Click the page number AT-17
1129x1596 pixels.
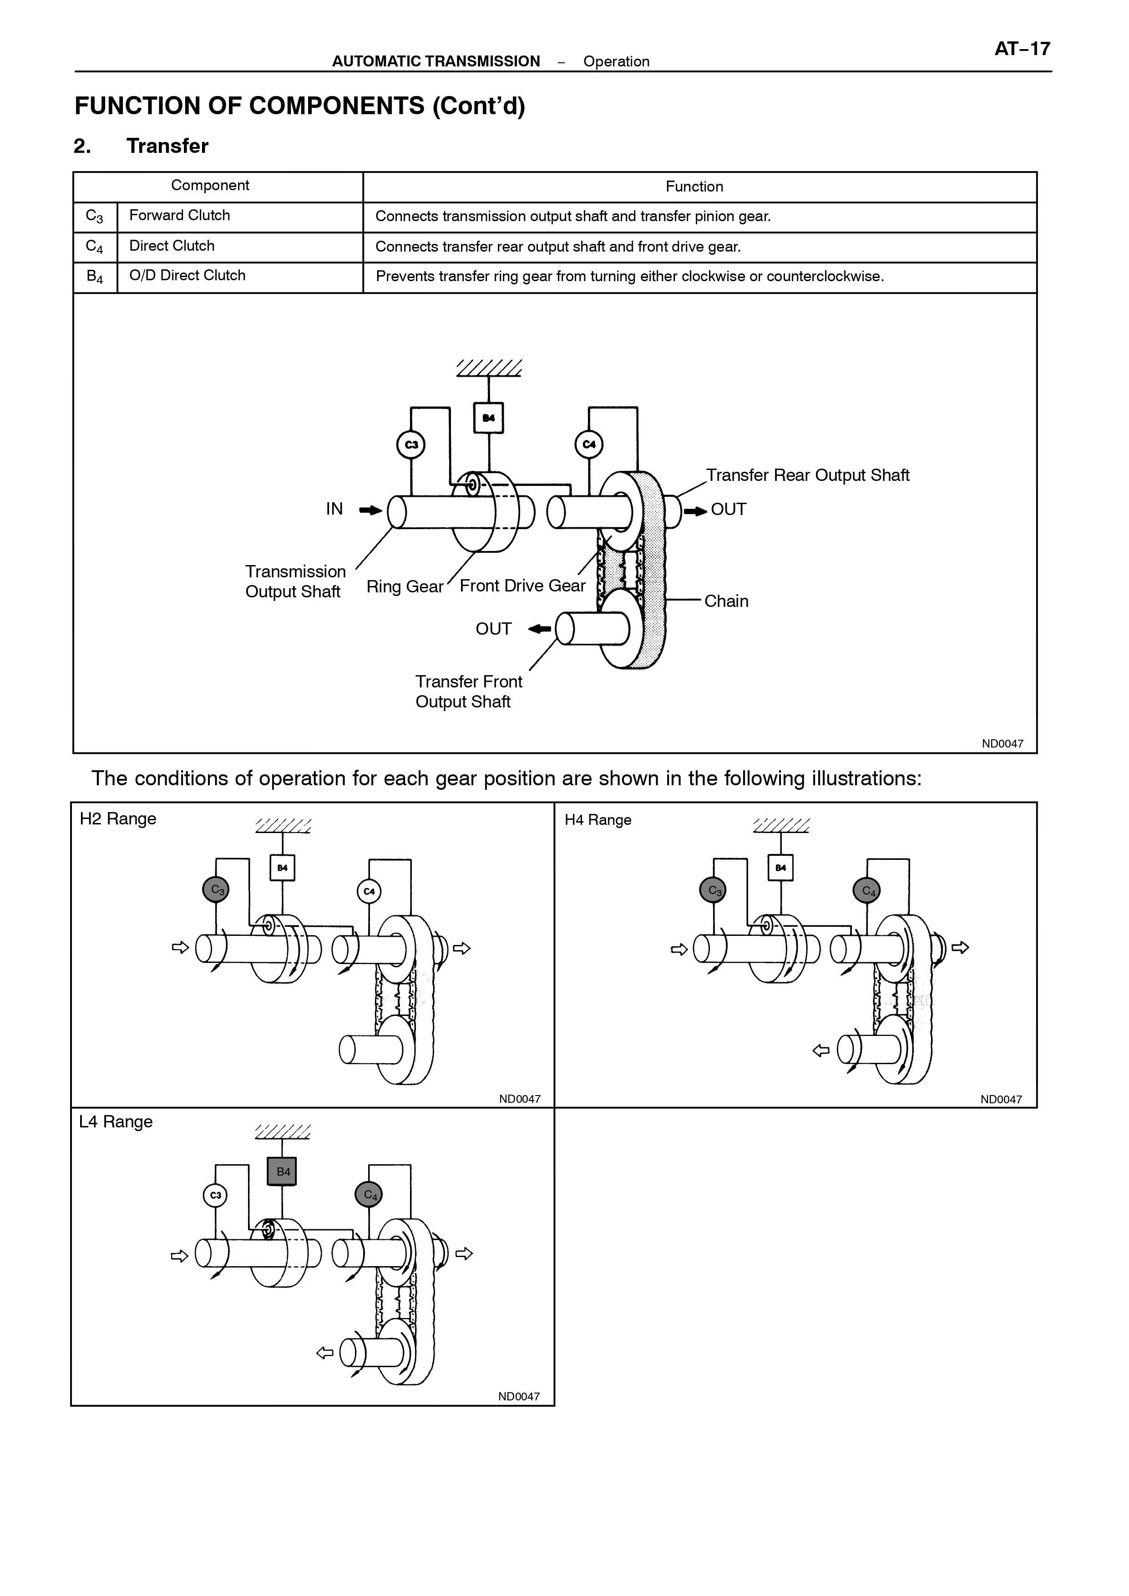click(x=1022, y=49)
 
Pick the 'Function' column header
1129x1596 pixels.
click(x=694, y=186)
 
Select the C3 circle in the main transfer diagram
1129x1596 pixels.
click(x=411, y=445)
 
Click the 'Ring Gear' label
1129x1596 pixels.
click(x=405, y=587)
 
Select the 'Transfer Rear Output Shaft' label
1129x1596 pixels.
click(x=808, y=475)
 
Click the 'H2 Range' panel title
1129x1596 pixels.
click(x=118, y=819)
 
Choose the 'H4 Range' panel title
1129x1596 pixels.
click(x=598, y=820)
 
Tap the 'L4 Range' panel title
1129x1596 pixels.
click(x=116, y=1122)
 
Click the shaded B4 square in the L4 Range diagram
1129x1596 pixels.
click(x=282, y=1171)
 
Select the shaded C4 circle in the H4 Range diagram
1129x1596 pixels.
click(x=867, y=890)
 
